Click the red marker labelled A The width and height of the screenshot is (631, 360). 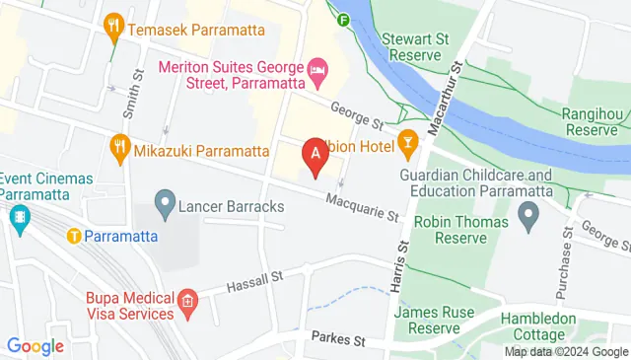coord(315,156)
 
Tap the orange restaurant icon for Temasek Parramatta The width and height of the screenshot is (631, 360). coord(115,22)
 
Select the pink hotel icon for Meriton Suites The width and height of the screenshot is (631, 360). coord(317,68)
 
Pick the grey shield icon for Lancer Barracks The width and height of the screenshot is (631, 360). coord(165,207)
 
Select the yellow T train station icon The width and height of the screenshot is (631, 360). coord(73,236)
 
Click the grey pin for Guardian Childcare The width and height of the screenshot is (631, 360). coord(528,212)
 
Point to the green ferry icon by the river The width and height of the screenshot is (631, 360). coord(343,19)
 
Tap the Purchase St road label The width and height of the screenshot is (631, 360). coord(567,256)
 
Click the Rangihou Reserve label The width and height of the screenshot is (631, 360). coord(596,122)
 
